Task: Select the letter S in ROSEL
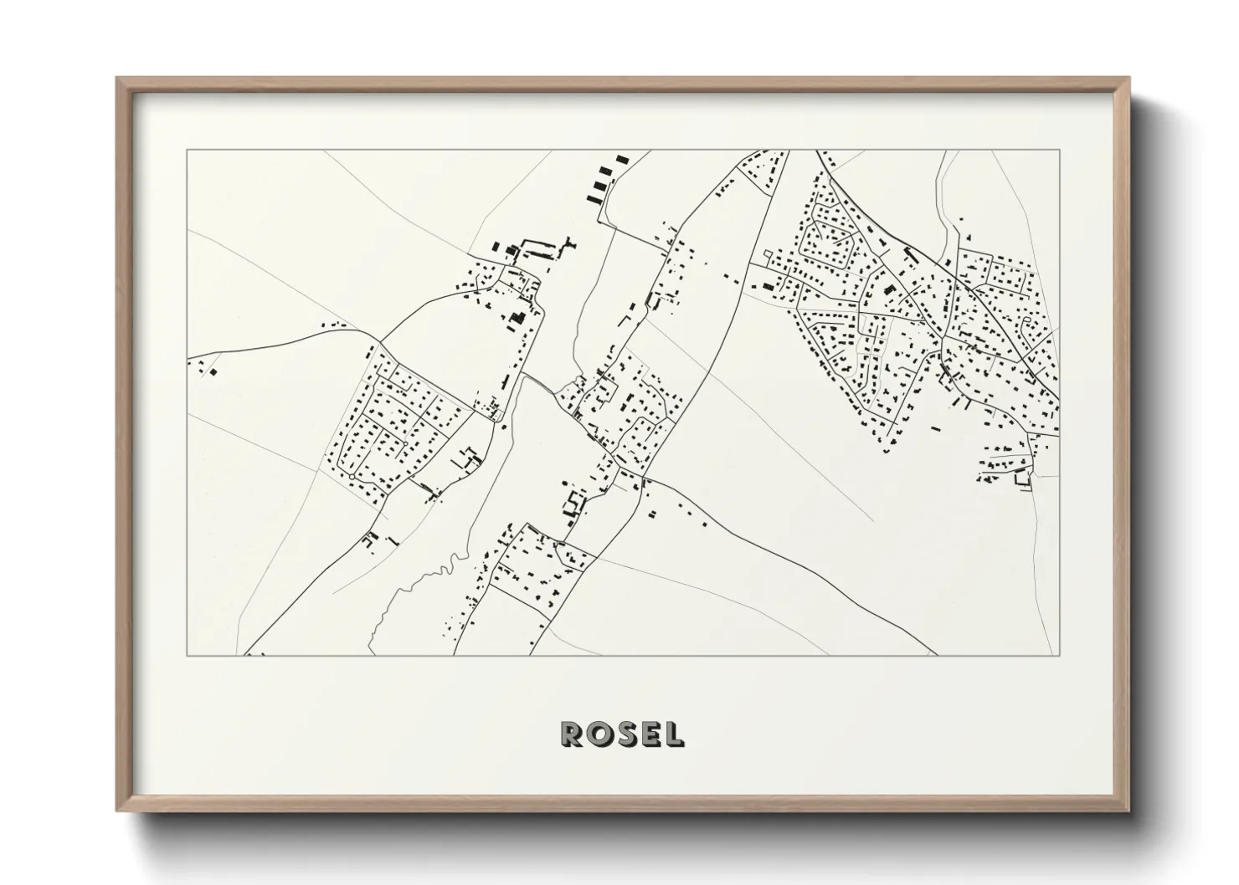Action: click(624, 734)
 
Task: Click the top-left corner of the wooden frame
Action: click(117, 79)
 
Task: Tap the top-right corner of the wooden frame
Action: click(1129, 79)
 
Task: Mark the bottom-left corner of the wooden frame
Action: click(117, 810)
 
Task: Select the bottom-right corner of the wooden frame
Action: click(1129, 810)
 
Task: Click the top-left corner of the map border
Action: click(187, 151)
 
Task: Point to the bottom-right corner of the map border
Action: click(1060, 656)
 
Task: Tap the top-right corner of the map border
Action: click(1060, 151)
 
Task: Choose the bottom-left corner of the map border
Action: click(187, 656)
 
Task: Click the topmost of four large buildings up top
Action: click(620, 158)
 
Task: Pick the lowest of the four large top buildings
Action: click(595, 199)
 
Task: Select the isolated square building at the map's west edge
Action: click(213, 371)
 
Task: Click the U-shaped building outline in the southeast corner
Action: click(1021, 479)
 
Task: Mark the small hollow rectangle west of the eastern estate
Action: click(767, 287)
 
